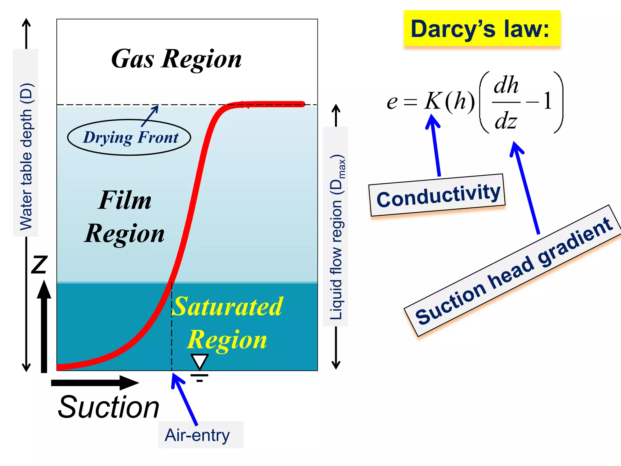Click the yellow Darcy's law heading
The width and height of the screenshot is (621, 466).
482,29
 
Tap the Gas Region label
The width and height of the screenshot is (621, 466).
176,59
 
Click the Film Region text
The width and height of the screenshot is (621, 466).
124,217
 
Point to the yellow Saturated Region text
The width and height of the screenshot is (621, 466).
227,323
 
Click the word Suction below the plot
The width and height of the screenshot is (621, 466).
108,407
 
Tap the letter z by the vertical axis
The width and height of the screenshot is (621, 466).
39,264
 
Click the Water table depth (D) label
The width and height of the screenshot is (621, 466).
26,156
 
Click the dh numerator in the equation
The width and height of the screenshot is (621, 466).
506,86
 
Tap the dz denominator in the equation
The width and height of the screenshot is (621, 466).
505,121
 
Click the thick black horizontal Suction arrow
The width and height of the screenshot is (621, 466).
94,383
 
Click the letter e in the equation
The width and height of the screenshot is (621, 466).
392,102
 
